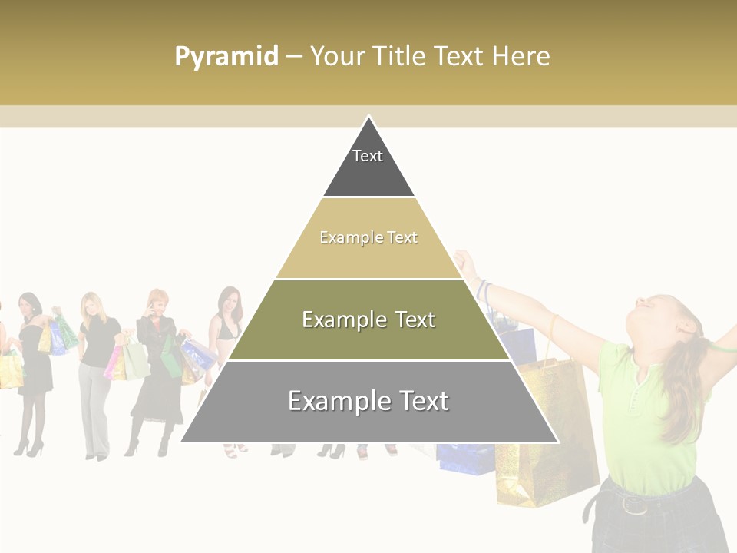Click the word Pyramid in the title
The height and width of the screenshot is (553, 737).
[x=226, y=57]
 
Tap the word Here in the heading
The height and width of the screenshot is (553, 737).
[x=521, y=56]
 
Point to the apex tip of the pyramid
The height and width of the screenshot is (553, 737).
[x=368, y=118]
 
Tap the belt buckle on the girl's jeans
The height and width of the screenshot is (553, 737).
[x=633, y=505]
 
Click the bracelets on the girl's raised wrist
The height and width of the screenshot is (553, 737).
[x=482, y=289]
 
